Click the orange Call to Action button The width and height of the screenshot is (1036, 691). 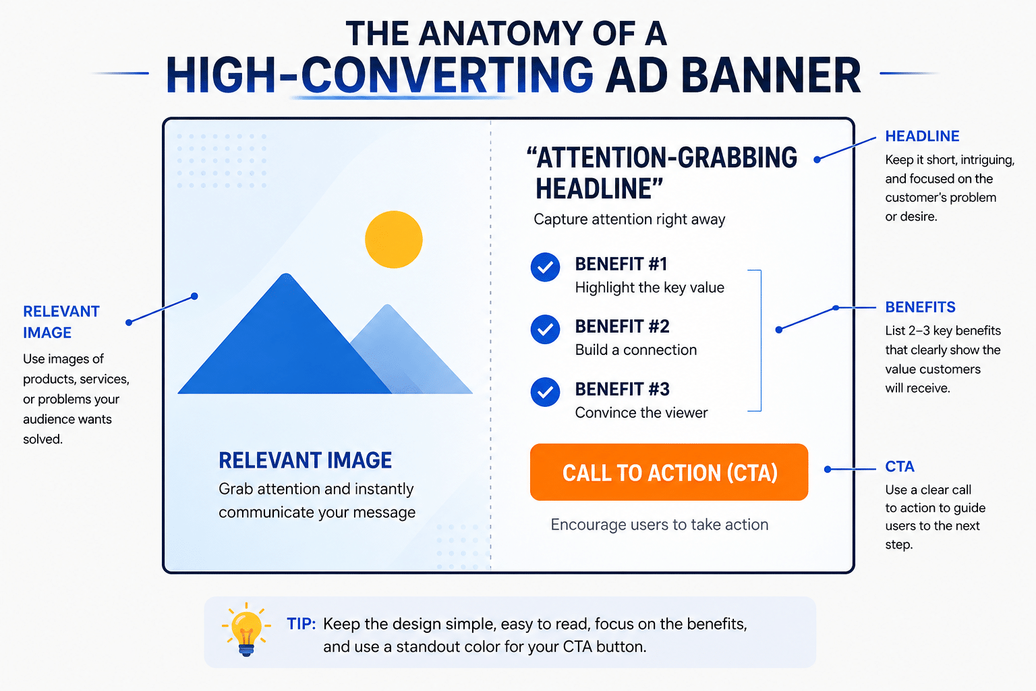(x=669, y=472)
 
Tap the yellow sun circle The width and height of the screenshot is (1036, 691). (x=394, y=240)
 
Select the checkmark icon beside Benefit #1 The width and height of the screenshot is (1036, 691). (x=545, y=267)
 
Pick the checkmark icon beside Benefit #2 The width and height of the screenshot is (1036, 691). (x=545, y=329)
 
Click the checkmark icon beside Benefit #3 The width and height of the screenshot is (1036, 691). (x=545, y=392)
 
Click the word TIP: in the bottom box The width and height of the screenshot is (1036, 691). (x=301, y=624)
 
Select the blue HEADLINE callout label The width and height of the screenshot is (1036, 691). (x=922, y=136)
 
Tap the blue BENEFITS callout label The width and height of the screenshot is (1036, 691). (x=921, y=307)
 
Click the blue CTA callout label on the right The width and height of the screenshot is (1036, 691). (x=900, y=466)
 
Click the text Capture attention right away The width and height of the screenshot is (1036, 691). (x=629, y=219)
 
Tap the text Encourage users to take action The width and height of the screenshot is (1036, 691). (x=660, y=524)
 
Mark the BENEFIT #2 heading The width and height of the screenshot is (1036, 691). (x=622, y=327)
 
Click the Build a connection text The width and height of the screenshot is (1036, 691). (x=636, y=350)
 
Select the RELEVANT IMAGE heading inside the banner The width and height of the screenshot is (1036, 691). (x=306, y=460)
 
